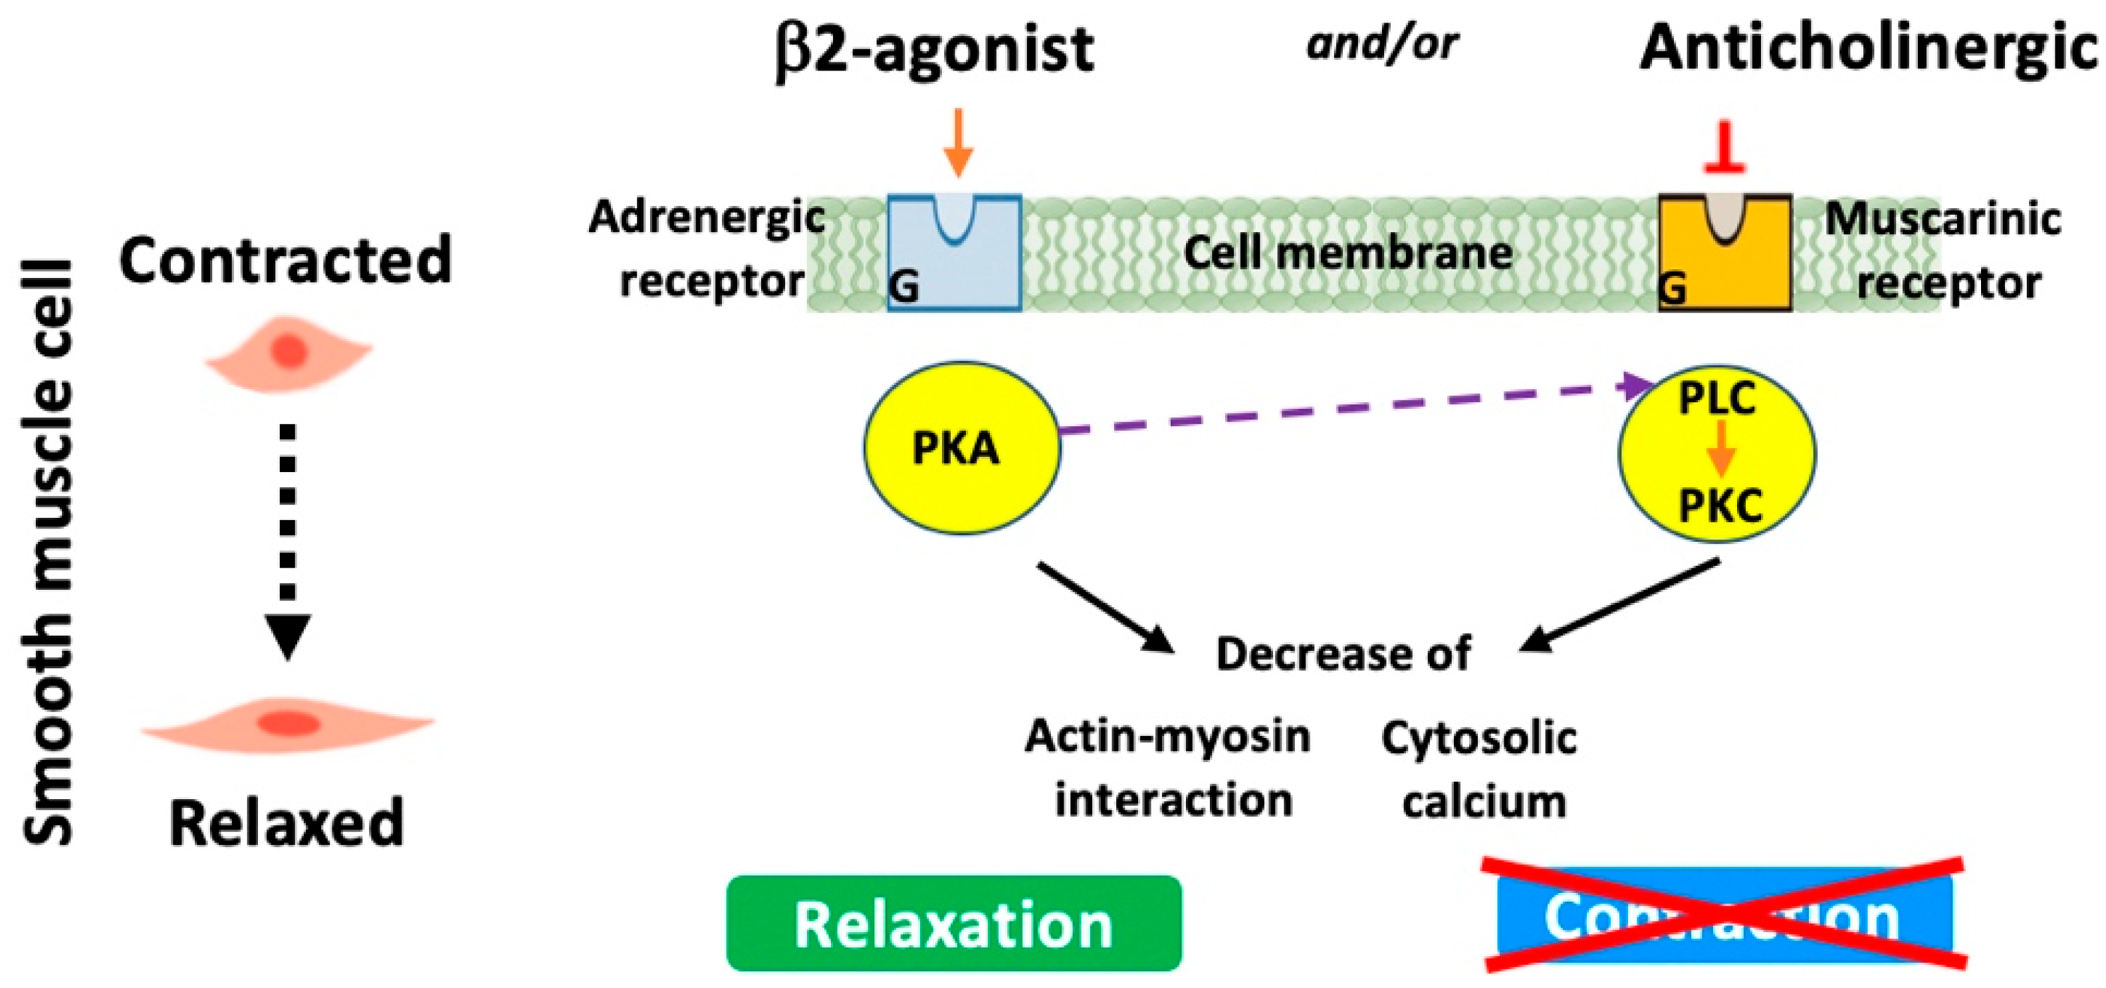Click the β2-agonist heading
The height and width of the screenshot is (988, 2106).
[935, 51]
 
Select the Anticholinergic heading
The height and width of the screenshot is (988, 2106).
[1867, 51]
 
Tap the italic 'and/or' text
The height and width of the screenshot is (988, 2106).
[1381, 43]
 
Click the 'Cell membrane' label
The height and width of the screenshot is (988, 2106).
[1347, 253]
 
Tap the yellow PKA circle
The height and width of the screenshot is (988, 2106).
[961, 448]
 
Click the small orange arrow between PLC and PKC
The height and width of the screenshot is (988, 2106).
[1720, 450]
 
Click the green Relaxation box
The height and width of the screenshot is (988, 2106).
[953, 924]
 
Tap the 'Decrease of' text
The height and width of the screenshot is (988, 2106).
[1344, 654]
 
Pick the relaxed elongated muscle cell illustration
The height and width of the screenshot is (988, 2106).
[287, 724]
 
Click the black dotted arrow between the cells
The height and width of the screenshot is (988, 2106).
[287, 540]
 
